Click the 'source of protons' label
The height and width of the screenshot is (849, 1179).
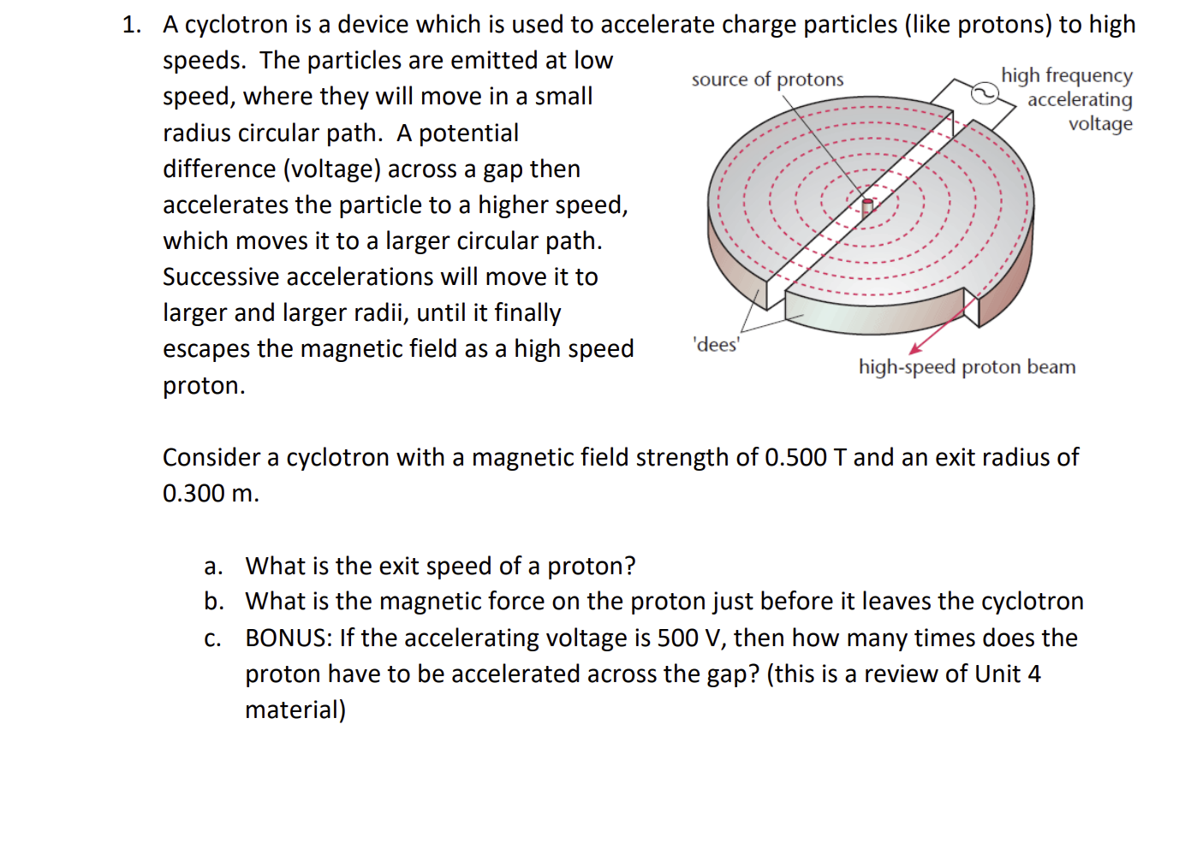(x=767, y=80)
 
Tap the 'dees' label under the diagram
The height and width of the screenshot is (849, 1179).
(x=716, y=344)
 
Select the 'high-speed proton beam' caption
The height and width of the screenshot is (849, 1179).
(x=967, y=367)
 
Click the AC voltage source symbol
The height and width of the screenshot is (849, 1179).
(x=985, y=92)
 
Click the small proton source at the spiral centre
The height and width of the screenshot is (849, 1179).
(x=867, y=205)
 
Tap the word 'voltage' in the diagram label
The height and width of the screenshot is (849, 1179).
(x=1100, y=124)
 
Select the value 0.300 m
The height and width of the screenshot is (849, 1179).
(x=210, y=494)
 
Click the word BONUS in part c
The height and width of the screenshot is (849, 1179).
(x=288, y=638)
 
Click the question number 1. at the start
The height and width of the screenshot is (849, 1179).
(x=132, y=25)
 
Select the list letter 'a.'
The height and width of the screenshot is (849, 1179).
(x=213, y=567)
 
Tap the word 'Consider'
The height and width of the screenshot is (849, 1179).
(x=211, y=458)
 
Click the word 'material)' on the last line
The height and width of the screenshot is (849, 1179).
(x=295, y=710)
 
